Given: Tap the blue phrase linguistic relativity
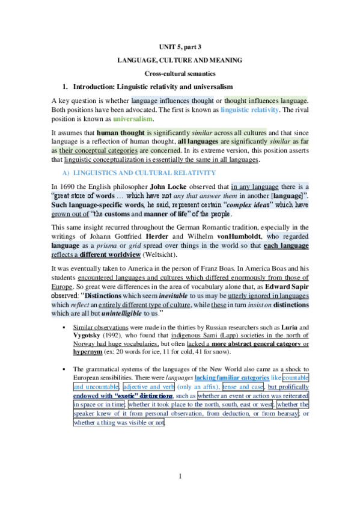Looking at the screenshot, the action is pyautogui.click(x=249, y=110).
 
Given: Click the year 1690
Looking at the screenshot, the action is pyautogui.click(x=73, y=186).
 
